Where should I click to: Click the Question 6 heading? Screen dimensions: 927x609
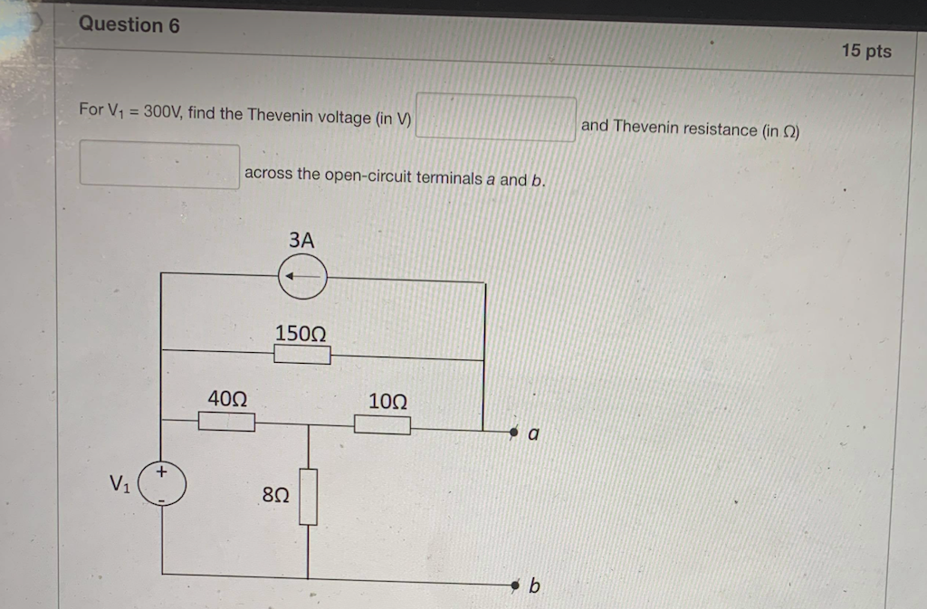pos(129,24)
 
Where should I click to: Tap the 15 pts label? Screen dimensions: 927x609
pos(865,51)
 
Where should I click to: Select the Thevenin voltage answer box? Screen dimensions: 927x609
pos(495,119)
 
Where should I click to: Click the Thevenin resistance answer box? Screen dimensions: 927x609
pos(159,166)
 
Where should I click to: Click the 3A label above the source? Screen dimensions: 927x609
pos(301,241)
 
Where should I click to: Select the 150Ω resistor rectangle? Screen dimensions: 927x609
pos(301,354)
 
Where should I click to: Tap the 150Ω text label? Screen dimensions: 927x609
pos(301,332)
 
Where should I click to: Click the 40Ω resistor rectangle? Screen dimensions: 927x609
pos(225,422)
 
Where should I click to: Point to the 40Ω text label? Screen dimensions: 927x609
pos(226,398)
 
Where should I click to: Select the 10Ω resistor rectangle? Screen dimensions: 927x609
pos(381,423)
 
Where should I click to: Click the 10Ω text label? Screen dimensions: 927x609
pos(387,400)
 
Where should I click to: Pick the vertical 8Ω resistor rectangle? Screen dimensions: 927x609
pos(309,497)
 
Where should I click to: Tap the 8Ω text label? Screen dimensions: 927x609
pos(275,495)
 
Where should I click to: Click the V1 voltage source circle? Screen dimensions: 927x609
pos(164,486)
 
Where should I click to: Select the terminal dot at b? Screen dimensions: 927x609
pos(515,587)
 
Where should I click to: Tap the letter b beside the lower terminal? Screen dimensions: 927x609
pos(534,587)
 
